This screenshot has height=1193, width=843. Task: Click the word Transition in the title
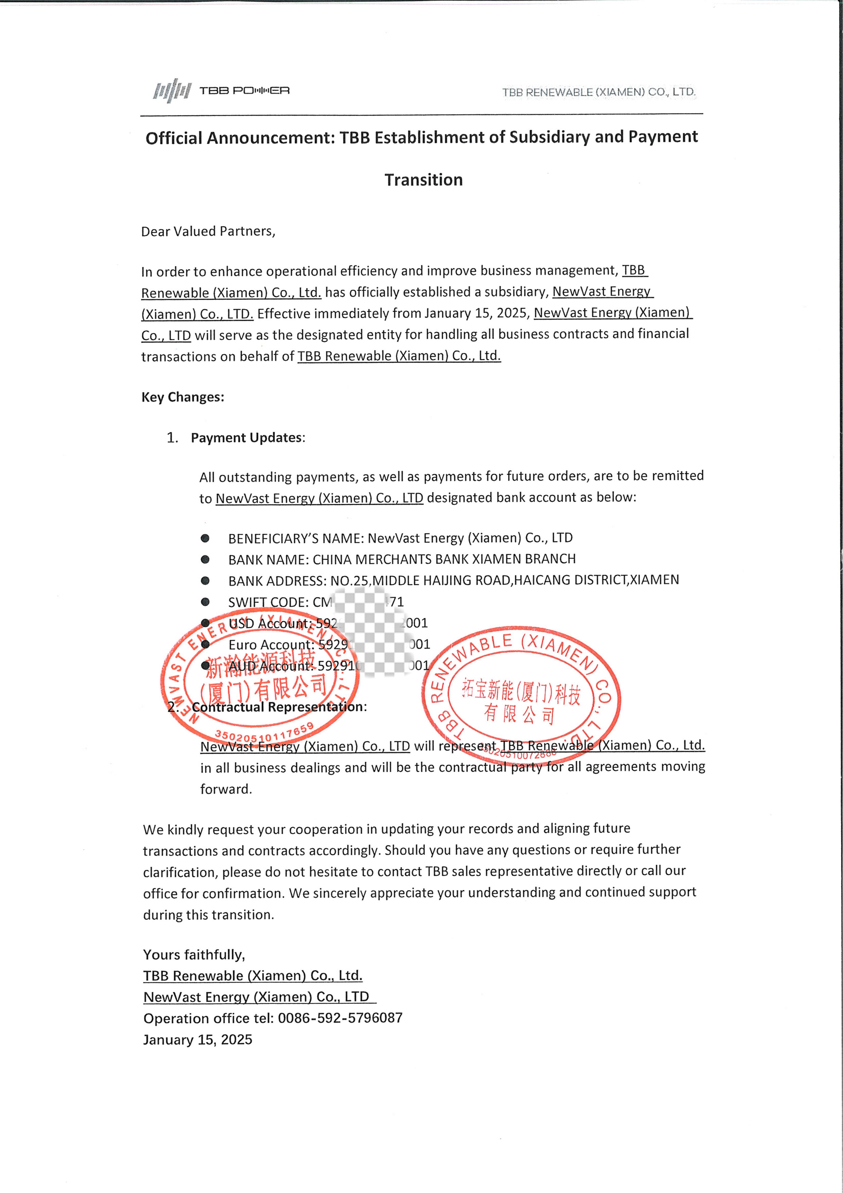pyautogui.click(x=423, y=180)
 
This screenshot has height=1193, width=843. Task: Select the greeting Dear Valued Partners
pyautogui.click(x=208, y=231)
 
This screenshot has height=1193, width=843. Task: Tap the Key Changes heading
pyautogui.click(x=183, y=397)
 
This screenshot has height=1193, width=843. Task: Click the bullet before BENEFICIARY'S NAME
pyautogui.click(x=205, y=538)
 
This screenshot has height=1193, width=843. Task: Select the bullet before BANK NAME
pyautogui.click(x=205, y=560)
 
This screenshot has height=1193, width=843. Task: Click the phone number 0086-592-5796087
pyautogui.click(x=340, y=1018)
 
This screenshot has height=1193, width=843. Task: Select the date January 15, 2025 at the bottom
pyautogui.click(x=197, y=1039)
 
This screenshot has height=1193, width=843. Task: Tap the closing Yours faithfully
pyautogui.click(x=194, y=955)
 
